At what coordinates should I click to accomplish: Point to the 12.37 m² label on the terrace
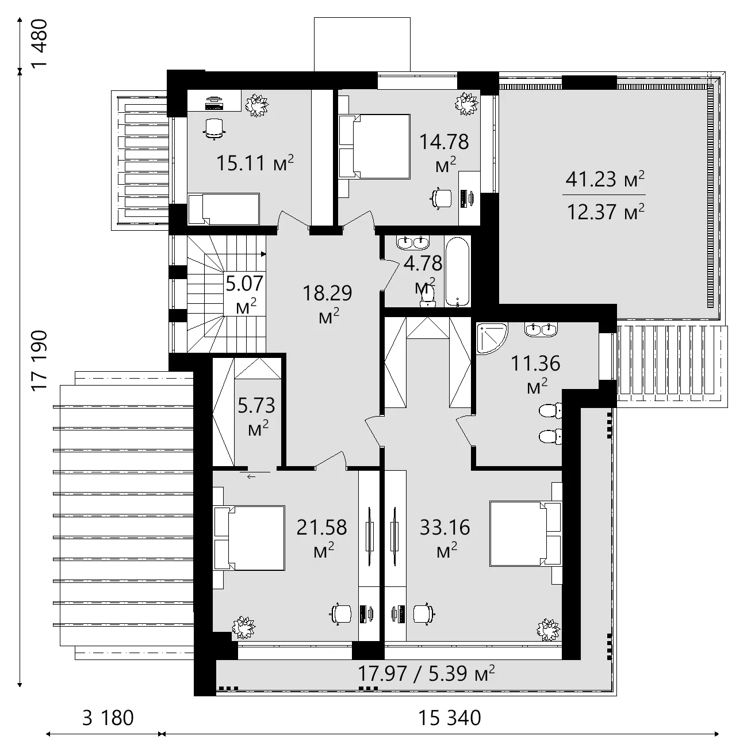coord(605,212)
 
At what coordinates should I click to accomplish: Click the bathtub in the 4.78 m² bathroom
coord(458,271)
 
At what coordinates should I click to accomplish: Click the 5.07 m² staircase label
coord(244,292)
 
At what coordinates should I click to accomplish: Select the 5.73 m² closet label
coord(256,414)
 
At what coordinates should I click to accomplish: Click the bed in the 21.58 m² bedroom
coord(250,538)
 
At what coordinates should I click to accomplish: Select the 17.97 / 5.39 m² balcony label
coord(426,673)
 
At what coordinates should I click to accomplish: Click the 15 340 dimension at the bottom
coord(449,718)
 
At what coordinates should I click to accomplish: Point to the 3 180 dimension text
coord(108,718)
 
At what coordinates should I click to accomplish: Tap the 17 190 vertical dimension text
coord(40,361)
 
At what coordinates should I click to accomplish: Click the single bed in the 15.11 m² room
coord(224,208)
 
